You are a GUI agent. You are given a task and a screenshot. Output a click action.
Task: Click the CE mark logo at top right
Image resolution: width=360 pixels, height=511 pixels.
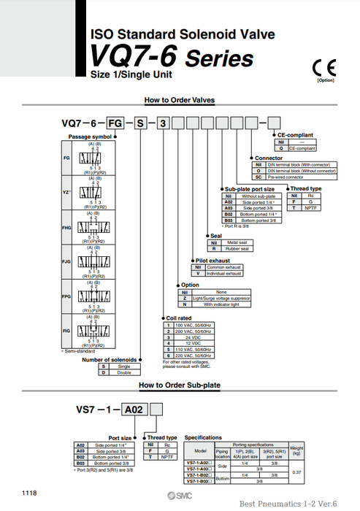click(x=322, y=68)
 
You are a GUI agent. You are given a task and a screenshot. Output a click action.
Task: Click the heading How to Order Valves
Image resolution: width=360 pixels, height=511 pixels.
click(x=179, y=100)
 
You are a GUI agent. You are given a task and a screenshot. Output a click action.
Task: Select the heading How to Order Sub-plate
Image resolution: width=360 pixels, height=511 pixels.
click(x=179, y=384)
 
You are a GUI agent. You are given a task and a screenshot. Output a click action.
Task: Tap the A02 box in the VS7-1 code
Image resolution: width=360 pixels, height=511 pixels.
click(x=132, y=410)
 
